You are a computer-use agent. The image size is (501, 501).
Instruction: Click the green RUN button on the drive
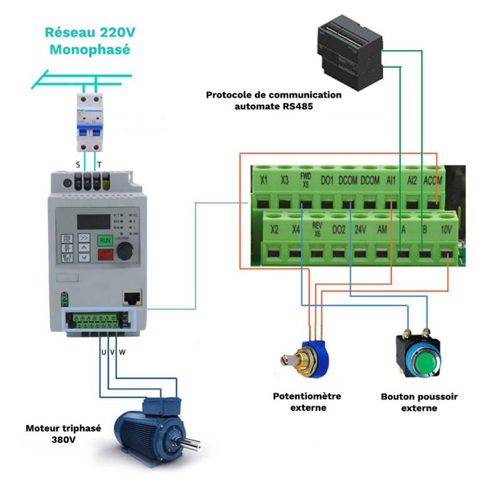tap(105, 240)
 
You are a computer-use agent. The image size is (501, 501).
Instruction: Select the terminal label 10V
tap(447, 230)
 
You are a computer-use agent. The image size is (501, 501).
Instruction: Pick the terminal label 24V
tap(360, 230)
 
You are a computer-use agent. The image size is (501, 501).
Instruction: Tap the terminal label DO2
tap(339, 230)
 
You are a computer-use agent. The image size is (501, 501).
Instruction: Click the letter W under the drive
tap(122, 352)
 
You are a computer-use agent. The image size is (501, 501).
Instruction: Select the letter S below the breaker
tap(78, 165)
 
